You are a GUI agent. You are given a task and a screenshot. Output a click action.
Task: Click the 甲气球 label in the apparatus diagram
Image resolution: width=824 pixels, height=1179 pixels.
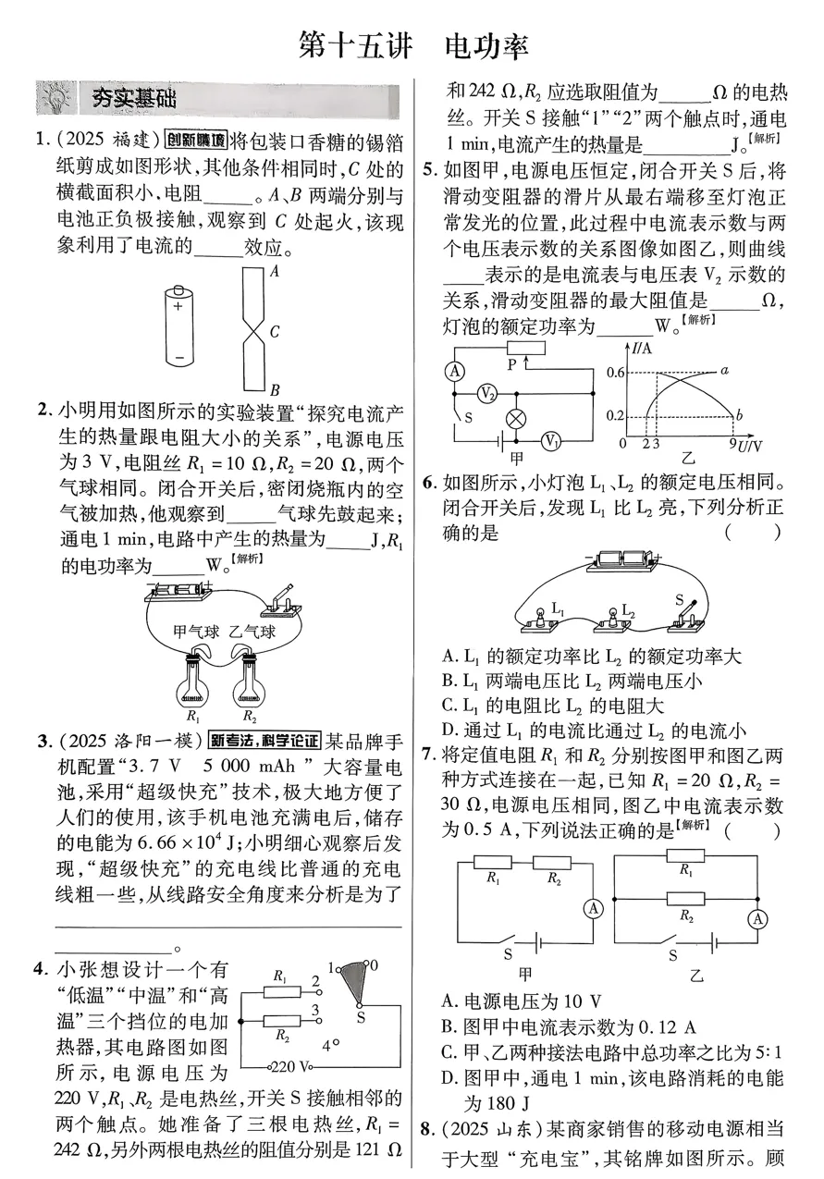coord(197,632)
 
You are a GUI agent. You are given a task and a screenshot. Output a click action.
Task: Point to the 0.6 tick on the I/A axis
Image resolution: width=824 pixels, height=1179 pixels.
coord(615,372)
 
